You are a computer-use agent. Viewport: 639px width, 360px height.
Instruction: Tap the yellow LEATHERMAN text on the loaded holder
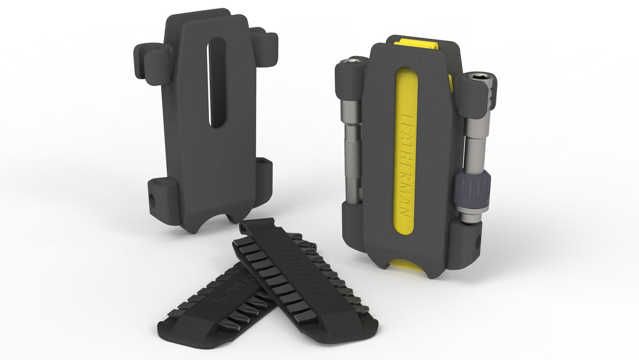[x=406, y=160]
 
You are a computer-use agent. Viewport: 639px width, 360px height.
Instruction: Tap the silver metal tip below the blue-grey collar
[x=472, y=217]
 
